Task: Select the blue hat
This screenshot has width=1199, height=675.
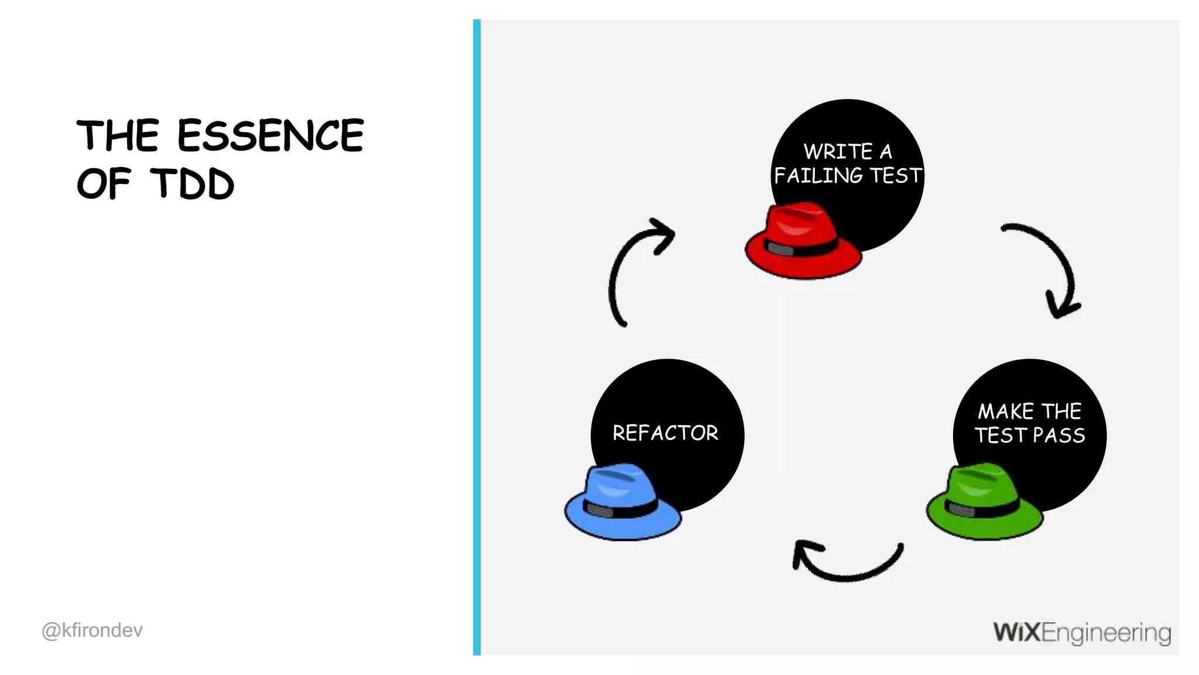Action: click(x=622, y=503)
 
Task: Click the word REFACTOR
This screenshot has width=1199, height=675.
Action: click(x=665, y=433)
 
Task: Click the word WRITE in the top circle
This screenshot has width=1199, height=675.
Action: click(x=838, y=151)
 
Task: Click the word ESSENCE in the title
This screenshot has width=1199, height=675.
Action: click(x=270, y=135)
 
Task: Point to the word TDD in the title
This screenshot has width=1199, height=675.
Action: click(x=193, y=183)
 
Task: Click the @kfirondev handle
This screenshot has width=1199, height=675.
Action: click(x=92, y=630)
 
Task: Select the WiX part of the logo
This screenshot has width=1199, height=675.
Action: click(x=1017, y=632)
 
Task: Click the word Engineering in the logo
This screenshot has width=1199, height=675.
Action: click(x=1106, y=633)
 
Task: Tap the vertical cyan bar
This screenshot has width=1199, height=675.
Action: click(x=477, y=337)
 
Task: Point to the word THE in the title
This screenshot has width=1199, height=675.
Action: click(x=118, y=135)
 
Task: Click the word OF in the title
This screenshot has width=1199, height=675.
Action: click(x=103, y=183)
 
